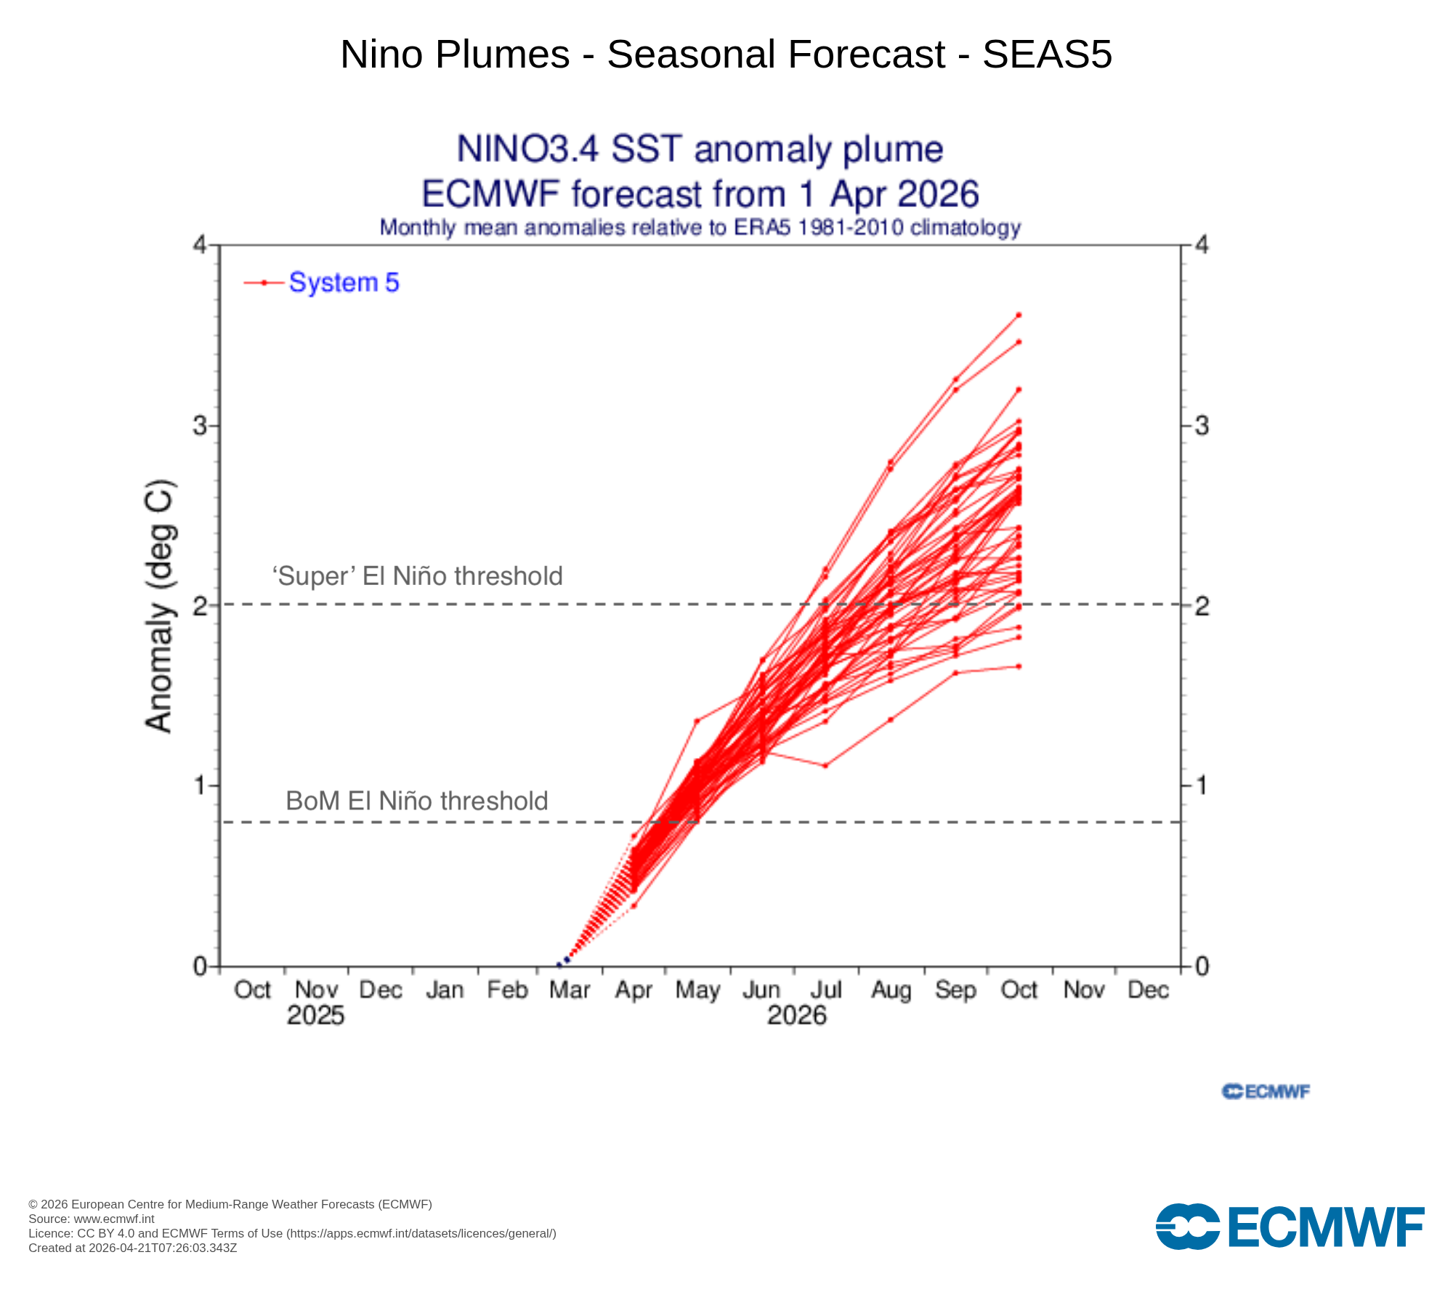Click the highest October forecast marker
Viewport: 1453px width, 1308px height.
pos(1019,315)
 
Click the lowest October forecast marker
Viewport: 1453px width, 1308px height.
pos(1019,666)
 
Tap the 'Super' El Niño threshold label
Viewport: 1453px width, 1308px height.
pos(417,576)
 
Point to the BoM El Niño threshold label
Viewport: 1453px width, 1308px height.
pos(417,801)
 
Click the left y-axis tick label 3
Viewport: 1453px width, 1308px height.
pos(200,425)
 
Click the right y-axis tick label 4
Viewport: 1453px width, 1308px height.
pos(1202,246)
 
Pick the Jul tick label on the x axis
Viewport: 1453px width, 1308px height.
pos(826,990)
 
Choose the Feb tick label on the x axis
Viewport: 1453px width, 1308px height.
pos(507,990)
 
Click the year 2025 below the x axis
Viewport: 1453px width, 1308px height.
pos(315,1015)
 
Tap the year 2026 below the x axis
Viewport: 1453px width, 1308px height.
pos(797,1015)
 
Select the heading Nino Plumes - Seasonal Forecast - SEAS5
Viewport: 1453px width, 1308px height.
pos(726,54)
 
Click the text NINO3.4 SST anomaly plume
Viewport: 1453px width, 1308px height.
pos(700,149)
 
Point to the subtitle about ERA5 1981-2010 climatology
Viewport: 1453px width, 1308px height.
pos(700,227)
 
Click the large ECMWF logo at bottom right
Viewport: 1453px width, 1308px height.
pos(1290,1227)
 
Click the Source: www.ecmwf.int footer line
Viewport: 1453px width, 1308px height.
pos(92,1219)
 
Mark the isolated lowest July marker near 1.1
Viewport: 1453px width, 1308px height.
pos(825,765)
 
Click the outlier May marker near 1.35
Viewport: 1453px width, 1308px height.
pos(696,722)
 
